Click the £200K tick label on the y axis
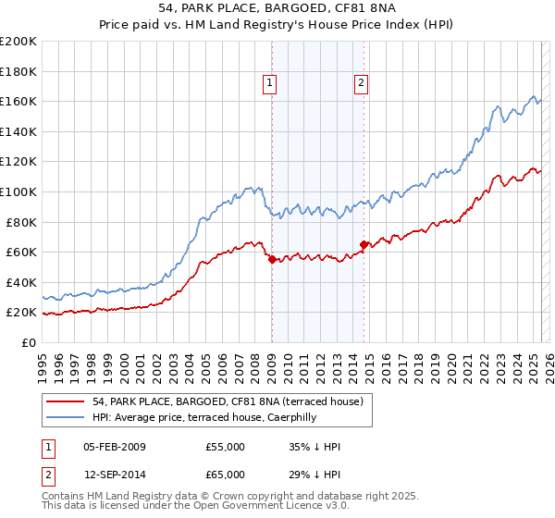pyautogui.click(x=18, y=41)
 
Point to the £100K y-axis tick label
pyautogui.click(x=18, y=191)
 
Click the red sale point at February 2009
pyautogui.click(x=272, y=260)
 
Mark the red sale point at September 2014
pyautogui.click(x=364, y=244)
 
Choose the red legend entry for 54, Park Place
pyautogui.click(x=207, y=401)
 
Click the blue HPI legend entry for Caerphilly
pyautogui.click(x=204, y=417)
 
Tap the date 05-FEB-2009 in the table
pyautogui.click(x=115, y=447)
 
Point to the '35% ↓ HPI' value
pyautogui.click(x=314, y=447)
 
